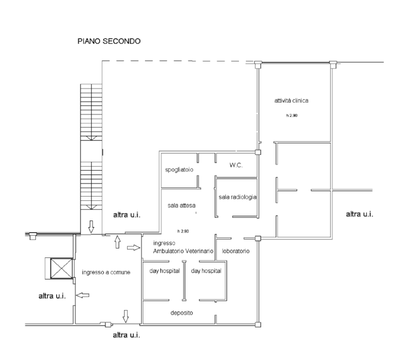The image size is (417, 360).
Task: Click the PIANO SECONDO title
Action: click(109, 41)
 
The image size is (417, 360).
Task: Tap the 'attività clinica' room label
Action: click(291, 100)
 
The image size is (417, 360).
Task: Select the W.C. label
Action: click(236, 165)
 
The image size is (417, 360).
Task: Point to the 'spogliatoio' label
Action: click(179, 169)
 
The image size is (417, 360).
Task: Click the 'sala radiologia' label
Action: click(237, 197)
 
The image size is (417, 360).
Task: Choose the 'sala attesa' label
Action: click(181, 205)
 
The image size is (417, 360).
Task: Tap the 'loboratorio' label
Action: click(236, 251)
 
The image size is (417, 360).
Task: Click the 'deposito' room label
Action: click(182, 313)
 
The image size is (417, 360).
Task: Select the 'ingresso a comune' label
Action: click(106, 272)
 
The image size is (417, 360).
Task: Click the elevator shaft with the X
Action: click(61, 268)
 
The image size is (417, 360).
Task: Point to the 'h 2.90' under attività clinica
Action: click(292, 116)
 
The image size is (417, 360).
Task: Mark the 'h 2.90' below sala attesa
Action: click(183, 231)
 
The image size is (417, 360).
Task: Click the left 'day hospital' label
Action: click(165, 271)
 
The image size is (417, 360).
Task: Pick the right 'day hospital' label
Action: click(206, 271)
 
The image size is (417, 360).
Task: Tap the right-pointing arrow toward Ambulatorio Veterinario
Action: click(134, 248)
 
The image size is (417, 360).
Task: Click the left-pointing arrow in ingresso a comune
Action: click(83, 295)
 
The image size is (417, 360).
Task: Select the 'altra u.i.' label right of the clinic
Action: click(359, 214)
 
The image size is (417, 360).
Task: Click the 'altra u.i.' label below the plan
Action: click(127, 335)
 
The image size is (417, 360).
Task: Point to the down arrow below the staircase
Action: click(91, 227)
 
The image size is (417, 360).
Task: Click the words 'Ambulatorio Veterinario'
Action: click(183, 251)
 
